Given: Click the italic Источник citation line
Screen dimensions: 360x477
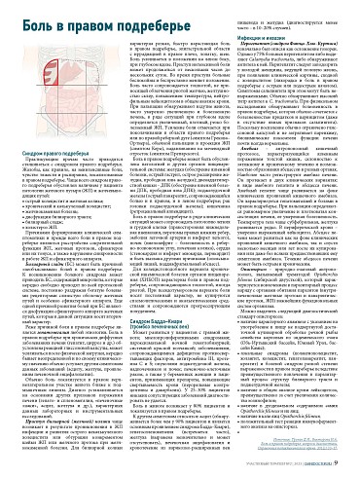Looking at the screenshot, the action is click(x=291, y=451).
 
